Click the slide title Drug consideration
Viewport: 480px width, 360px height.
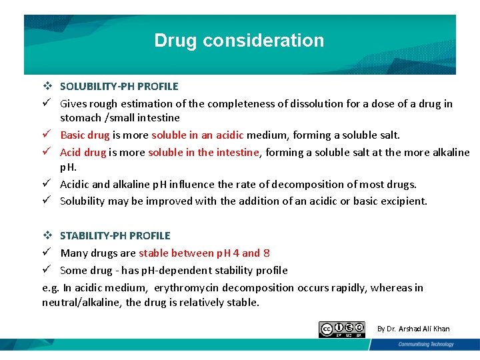(x=239, y=41)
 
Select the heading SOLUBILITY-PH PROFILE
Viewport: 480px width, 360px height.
(x=119, y=86)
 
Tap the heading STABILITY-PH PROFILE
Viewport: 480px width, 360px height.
(x=115, y=235)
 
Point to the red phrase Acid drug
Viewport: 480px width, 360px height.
(x=83, y=152)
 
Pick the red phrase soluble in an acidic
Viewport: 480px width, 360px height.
(x=199, y=135)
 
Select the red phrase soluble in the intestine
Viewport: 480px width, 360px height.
(x=203, y=152)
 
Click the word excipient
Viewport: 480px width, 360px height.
(x=403, y=201)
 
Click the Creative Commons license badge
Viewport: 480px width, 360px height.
(x=341, y=329)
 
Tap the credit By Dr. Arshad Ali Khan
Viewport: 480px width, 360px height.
(x=413, y=329)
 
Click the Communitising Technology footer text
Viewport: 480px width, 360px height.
(x=426, y=345)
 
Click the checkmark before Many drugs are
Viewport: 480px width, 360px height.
(x=47, y=253)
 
